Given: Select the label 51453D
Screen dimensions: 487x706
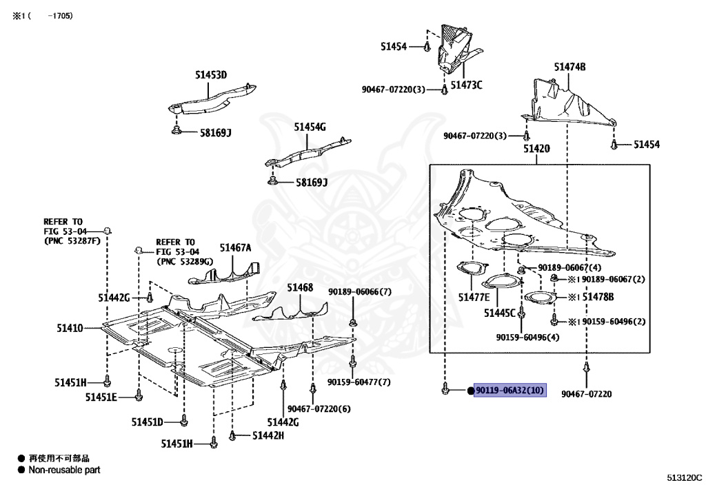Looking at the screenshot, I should [211, 75].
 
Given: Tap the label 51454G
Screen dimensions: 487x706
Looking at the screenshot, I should [310, 127].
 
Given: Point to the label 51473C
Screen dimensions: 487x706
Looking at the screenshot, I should [466, 85].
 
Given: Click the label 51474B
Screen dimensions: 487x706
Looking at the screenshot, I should [569, 67].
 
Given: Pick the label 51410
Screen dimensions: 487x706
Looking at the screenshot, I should [70, 329].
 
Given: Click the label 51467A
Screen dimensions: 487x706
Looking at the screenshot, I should [236, 248].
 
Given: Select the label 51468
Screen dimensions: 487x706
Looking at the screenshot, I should [300, 287].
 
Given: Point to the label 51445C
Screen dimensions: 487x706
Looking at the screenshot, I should [499, 313].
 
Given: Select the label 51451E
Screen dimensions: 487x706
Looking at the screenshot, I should [101, 397].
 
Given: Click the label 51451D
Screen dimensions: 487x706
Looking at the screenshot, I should [148, 422].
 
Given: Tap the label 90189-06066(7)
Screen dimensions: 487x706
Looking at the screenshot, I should [359, 291].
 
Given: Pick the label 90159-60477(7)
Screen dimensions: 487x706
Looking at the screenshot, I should [359, 382].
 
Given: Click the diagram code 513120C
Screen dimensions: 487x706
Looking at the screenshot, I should [684, 477].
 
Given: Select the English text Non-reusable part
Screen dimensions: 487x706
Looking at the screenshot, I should [64, 470].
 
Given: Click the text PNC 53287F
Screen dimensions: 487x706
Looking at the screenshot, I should [72, 241].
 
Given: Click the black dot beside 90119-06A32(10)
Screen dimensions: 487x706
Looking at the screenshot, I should [471, 391].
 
